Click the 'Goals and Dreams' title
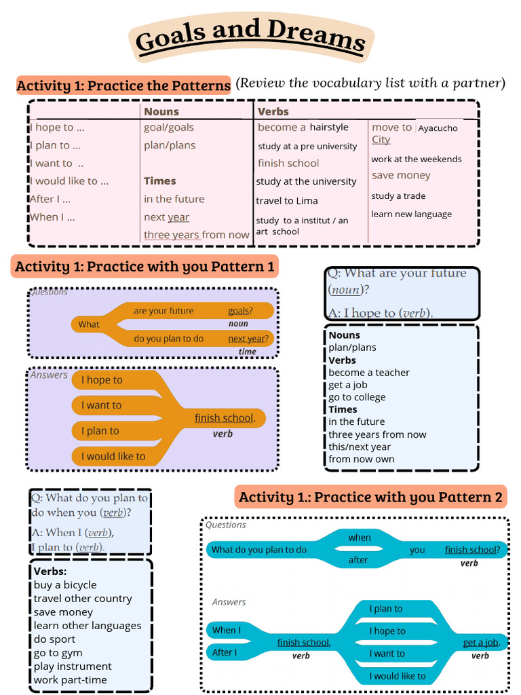pyautogui.click(x=251, y=38)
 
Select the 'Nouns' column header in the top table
pyautogui.click(x=161, y=111)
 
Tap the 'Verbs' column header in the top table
pyautogui.click(x=273, y=111)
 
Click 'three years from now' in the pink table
pyautogui.click(x=196, y=235)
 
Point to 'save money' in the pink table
pyautogui.click(x=401, y=175)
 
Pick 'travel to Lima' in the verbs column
pyautogui.click(x=287, y=201)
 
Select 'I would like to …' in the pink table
pyautogui.click(x=69, y=181)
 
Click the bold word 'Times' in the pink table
pyautogui.click(x=160, y=181)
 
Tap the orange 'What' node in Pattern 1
pyautogui.click(x=89, y=324)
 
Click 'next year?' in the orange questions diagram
pyautogui.click(x=248, y=339)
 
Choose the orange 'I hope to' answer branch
pyautogui.click(x=102, y=380)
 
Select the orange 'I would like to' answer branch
pyautogui.click(x=113, y=456)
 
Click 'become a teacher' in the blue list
pyautogui.click(x=369, y=373)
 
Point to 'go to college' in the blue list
pyautogui.click(x=357, y=397)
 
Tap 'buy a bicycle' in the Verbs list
pyautogui.click(x=65, y=585)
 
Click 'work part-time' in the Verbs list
pyautogui.click(x=71, y=680)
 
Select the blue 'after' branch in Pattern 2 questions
pyautogui.click(x=358, y=560)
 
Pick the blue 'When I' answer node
pyautogui.click(x=227, y=630)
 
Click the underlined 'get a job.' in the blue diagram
pyautogui.click(x=481, y=643)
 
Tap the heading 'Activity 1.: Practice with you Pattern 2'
pyautogui.click(x=371, y=497)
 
